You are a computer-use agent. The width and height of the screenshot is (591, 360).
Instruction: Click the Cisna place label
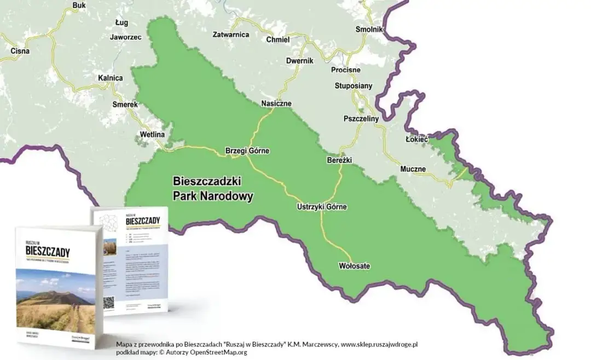[20, 51]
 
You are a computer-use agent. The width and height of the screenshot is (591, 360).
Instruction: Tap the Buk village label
[79, 5]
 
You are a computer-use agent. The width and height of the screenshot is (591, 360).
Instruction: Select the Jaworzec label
[125, 37]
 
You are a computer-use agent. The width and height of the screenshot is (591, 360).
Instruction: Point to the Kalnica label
[110, 78]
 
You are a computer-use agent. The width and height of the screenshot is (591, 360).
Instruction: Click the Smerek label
[125, 104]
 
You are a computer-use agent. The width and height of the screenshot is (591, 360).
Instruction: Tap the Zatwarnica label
[230, 34]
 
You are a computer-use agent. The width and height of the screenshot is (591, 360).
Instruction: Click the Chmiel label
[277, 39]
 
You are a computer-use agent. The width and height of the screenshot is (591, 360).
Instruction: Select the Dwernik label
[299, 61]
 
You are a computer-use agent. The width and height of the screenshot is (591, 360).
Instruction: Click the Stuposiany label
[354, 85]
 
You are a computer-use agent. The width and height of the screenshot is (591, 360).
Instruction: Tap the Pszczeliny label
[361, 118]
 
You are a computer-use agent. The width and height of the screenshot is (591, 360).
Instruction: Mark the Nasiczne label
[276, 103]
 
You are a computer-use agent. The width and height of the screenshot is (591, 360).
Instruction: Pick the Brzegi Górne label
[247, 150]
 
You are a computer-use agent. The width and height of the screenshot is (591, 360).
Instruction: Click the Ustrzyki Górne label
[322, 207]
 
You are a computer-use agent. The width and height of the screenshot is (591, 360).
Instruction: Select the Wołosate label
[354, 266]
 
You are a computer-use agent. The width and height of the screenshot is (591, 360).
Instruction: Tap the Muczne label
[413, 169]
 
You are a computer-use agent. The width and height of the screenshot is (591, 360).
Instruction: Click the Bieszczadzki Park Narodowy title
[213, 188]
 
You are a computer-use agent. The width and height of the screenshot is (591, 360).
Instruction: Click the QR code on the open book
[108, 303]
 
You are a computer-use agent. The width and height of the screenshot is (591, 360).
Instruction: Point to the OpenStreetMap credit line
[181, 352]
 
